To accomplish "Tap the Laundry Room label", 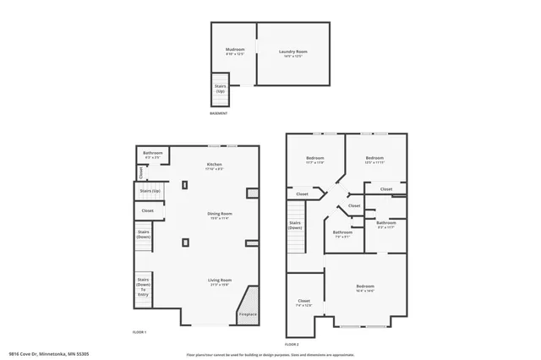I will tap(292, 53).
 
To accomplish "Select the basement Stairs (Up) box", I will tap(220, 89).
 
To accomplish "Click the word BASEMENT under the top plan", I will tap(218, 114).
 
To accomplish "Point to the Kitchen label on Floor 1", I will tap(215, 166).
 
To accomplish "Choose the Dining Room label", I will tap(219, 216).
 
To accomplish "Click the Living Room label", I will tap(219, 282).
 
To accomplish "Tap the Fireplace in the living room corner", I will tap(248, 314).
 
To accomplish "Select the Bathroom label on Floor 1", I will tap(153, 155).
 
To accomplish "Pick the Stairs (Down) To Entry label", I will tap(143, 287).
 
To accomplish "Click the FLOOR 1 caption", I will tap(139, 332).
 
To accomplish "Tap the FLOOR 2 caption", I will tap(292, 345).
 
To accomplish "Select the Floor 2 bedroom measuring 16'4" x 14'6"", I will tap(365, 288).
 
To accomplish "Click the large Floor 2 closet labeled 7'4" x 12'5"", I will tap(304, 303).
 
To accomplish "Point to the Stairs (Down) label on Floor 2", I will tap(295, 226).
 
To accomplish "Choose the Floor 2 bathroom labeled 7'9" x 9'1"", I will tap(342, 234).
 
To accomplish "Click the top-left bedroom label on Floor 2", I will tap(314, 160).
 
